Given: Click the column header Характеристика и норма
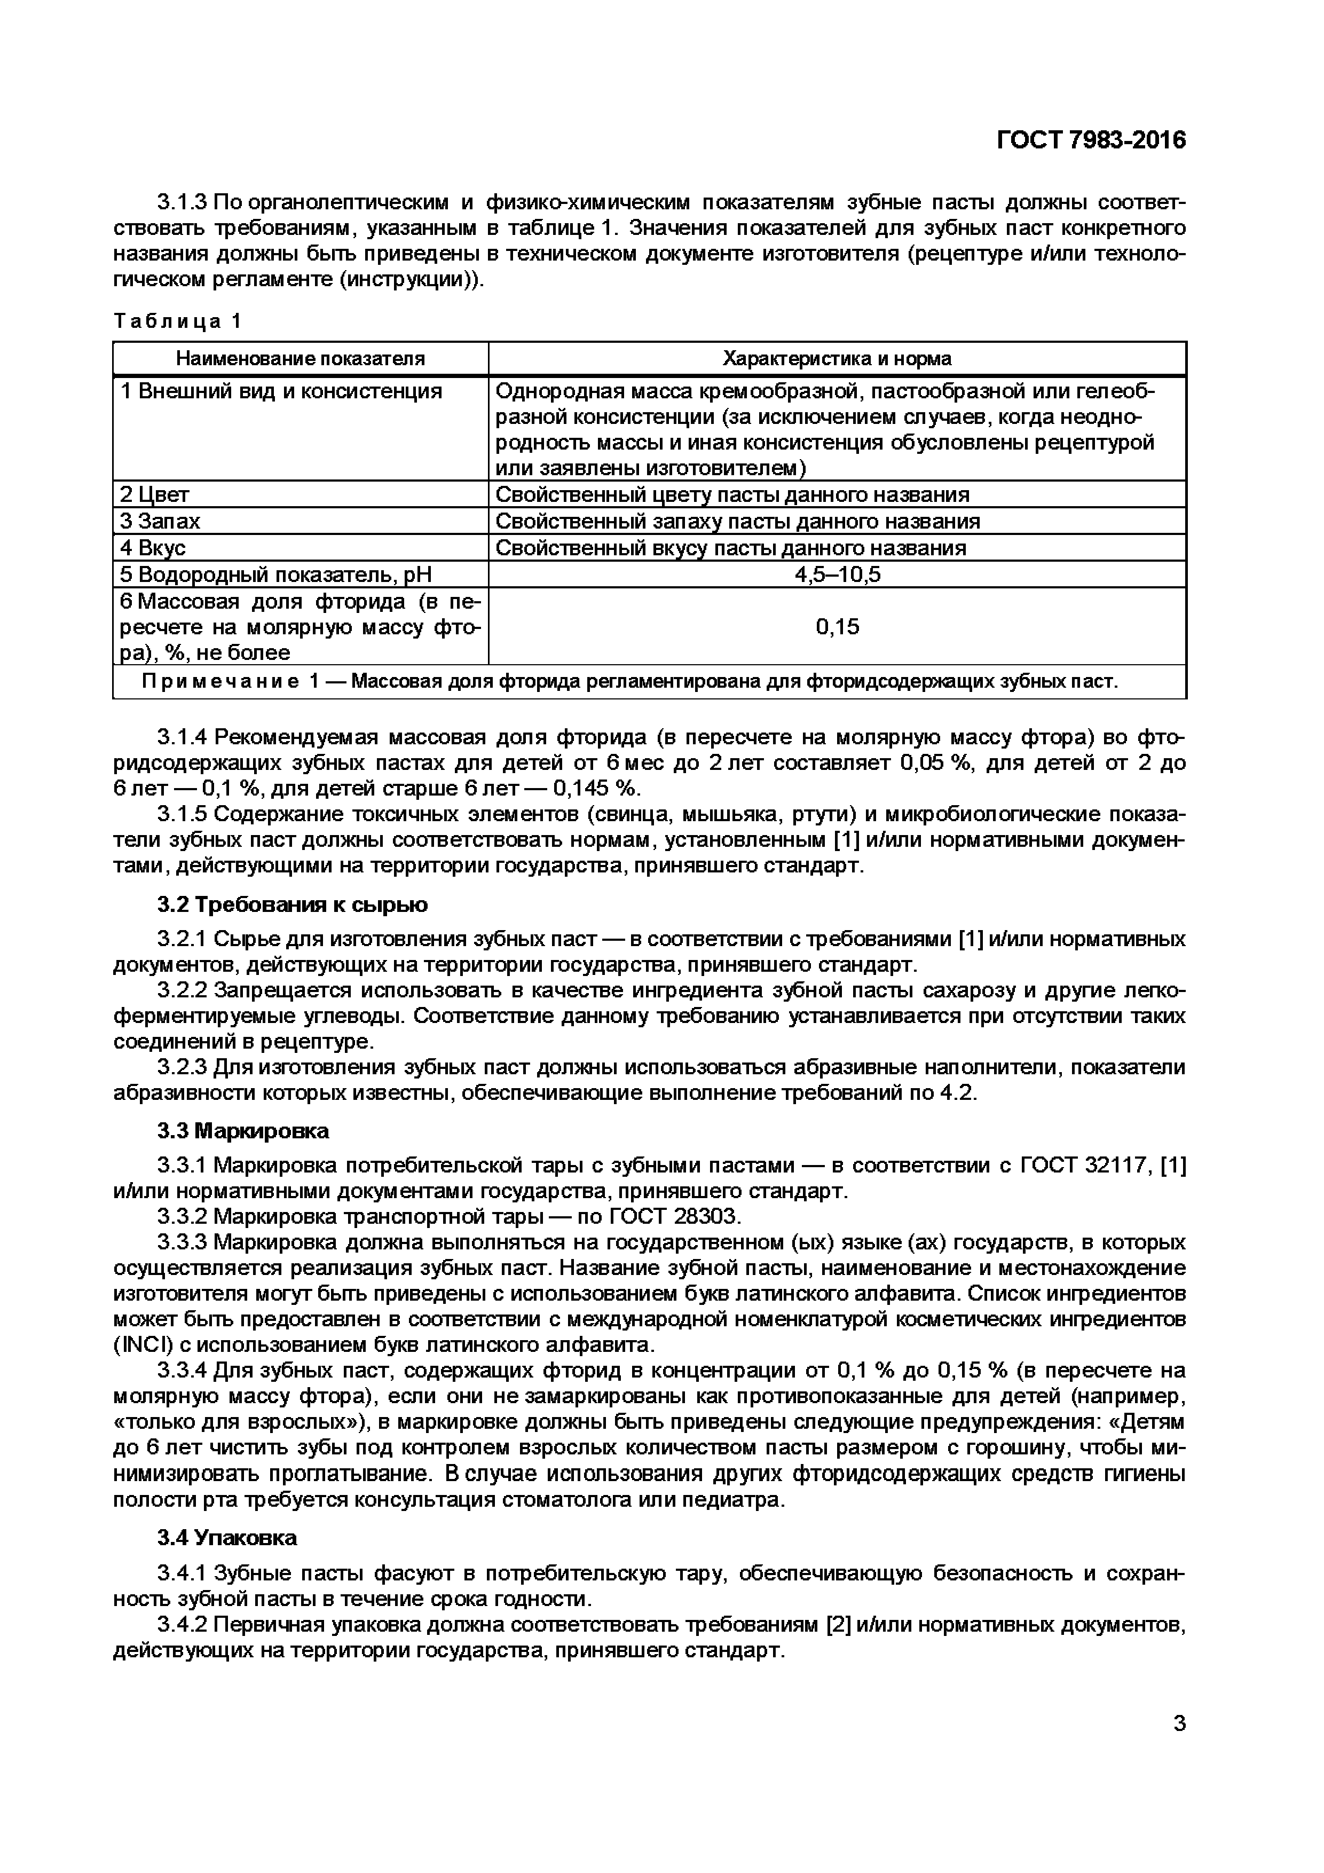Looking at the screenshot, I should click(x=837, y=358).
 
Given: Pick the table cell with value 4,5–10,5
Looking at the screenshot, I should click(x=837, y=575).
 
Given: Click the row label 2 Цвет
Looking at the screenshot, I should click(x=155, y=494).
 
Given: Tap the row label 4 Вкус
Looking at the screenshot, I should click(x=153, y=547).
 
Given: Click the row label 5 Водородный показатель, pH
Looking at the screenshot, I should click(x=275, y=575).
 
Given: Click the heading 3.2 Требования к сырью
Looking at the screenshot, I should click(x=292, y=904).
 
